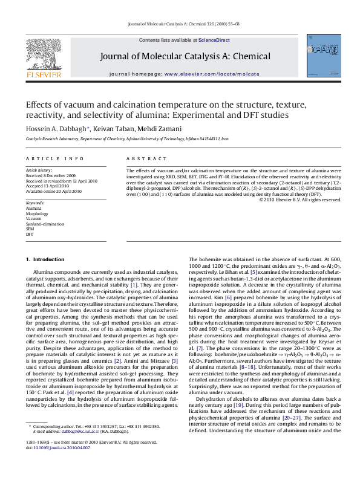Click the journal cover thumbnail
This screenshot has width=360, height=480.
(320, 57)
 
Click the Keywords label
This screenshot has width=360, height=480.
(35, 201)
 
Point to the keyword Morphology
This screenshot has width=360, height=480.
(36, 213)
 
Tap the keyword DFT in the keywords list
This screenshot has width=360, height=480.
(30, 233)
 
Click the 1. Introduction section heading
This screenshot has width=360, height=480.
(48, 259)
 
